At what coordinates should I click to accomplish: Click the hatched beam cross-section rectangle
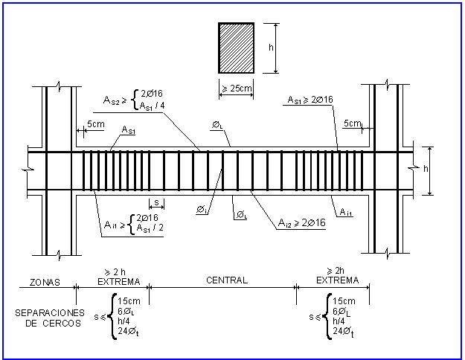[236, 48]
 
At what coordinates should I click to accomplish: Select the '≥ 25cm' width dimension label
[237, 88]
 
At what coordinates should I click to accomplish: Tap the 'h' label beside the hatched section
[271, 47]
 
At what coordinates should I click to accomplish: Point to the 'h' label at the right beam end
[426, 169]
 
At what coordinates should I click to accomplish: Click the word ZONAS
[45, 282]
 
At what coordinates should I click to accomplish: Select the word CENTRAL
[227, 280]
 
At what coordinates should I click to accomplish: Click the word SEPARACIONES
[50, 313]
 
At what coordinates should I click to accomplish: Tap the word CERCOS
[62, 324]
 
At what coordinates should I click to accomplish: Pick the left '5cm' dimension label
[96, 124]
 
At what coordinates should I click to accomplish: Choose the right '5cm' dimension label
[353, 123]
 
